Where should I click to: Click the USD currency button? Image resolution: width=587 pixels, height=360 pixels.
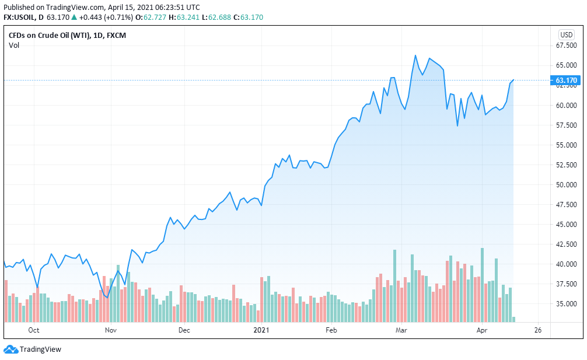tap(566, 34)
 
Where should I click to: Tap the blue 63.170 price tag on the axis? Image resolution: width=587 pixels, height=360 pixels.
tap(566, 81)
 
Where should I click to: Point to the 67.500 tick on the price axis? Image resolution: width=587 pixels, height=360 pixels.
tap(567, 45)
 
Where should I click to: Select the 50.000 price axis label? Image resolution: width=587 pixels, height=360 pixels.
tap(567, 185)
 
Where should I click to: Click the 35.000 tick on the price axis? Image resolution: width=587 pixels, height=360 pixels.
tap(567, 304)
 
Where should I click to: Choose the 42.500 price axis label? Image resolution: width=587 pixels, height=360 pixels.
tap(567, 244)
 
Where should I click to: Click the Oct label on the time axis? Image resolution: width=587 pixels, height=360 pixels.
tap(33, 330)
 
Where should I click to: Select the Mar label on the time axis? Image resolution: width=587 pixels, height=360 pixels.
tap(401, 330)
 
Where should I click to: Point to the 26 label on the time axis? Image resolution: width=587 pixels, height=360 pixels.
tap(538, 330)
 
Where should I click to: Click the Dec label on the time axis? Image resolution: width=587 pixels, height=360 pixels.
tap(184, 330)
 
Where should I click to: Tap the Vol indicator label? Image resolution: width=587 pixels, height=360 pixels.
tap(14, 46)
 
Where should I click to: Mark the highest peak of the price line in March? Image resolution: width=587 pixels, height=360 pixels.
tap(415, 55)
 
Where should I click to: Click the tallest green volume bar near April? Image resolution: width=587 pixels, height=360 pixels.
tap(483, 285)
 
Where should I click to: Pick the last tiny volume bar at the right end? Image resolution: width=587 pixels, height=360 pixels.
tap(513, 319)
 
